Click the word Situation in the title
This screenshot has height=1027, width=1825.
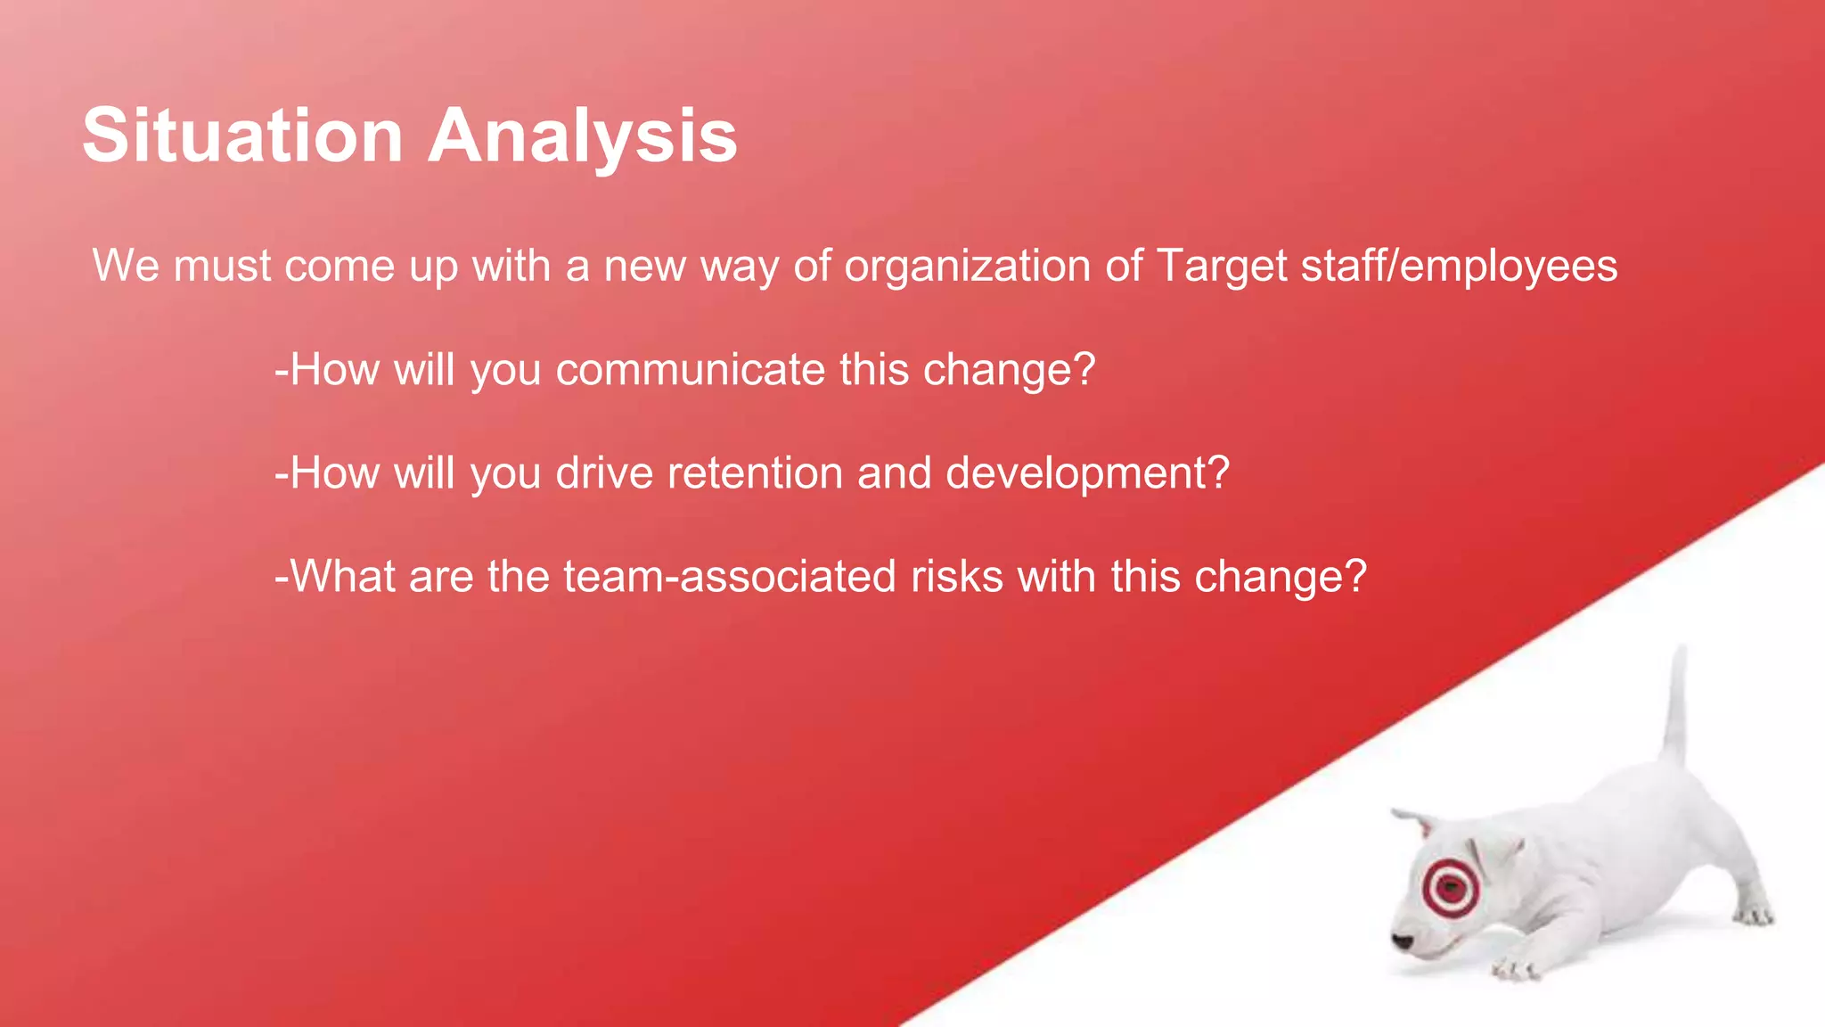tap(242, 136)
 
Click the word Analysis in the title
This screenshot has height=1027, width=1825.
tap(583, 136)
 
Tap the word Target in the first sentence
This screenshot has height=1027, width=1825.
tap(1222, 266)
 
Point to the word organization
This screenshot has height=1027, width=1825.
tap(967, 266)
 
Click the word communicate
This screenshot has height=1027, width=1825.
tap(691, 369)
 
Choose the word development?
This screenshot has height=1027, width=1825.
tap(1087, 472)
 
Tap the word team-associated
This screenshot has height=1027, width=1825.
tap(730, 576)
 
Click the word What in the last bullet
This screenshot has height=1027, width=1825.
tap(343, 576)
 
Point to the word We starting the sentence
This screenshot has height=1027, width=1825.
tap(126, 266)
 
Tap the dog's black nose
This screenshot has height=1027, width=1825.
tap(1403, 941)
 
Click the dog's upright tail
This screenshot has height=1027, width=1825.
tap(1676, 704)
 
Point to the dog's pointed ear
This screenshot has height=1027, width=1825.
tap(1412, 820)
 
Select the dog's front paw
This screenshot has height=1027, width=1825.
tap(1515, 968)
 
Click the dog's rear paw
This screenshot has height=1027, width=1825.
tap(1752, 915)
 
